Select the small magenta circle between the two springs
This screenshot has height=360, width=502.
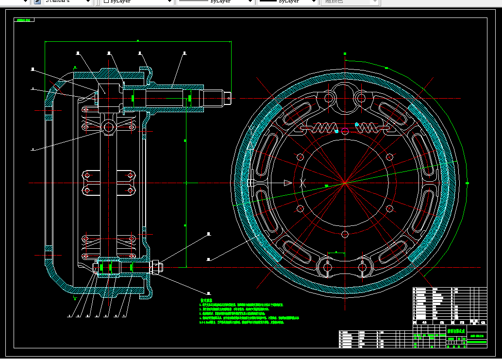[344, 130]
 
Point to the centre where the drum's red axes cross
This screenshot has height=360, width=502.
[344, 183]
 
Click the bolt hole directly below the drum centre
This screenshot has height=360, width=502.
[344, 235]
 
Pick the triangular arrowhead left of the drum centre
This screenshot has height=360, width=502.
[287, 183]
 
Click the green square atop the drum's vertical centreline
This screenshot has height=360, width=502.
[345, 53]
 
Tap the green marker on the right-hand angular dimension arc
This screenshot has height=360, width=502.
[467, 183]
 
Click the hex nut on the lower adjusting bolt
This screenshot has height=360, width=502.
[156, 266]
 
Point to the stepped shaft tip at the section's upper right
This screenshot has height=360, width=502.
[227, 98]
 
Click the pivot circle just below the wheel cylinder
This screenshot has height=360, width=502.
[108, 128]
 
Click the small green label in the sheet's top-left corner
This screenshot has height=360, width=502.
[23, 20]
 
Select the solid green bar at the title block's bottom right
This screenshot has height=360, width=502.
[476, 342]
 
